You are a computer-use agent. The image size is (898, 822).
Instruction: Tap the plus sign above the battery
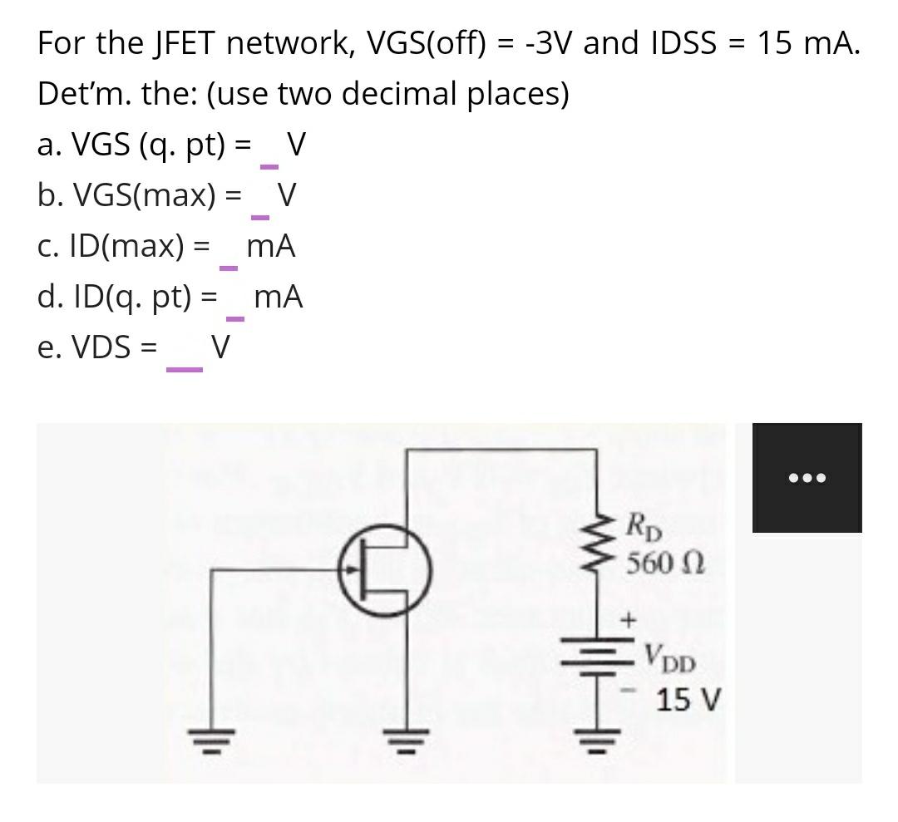pyautogui.click(x=629, y=620)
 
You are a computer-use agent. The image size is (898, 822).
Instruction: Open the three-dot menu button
pyautogui.click(x=807, y=478)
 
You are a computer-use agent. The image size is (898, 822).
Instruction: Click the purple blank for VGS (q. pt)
pyautogui.click(x=269, y=167)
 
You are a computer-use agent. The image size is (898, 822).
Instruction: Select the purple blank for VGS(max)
pyautogui.click(x=260, y=218)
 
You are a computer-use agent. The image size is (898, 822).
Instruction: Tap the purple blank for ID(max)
pyautogui.click(x=229, y=268)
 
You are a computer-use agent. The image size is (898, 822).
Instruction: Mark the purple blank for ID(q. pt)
pyautogui.click(x=236, y=318)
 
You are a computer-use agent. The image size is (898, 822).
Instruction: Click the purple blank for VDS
pyautogui.click(x=185, y=369)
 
